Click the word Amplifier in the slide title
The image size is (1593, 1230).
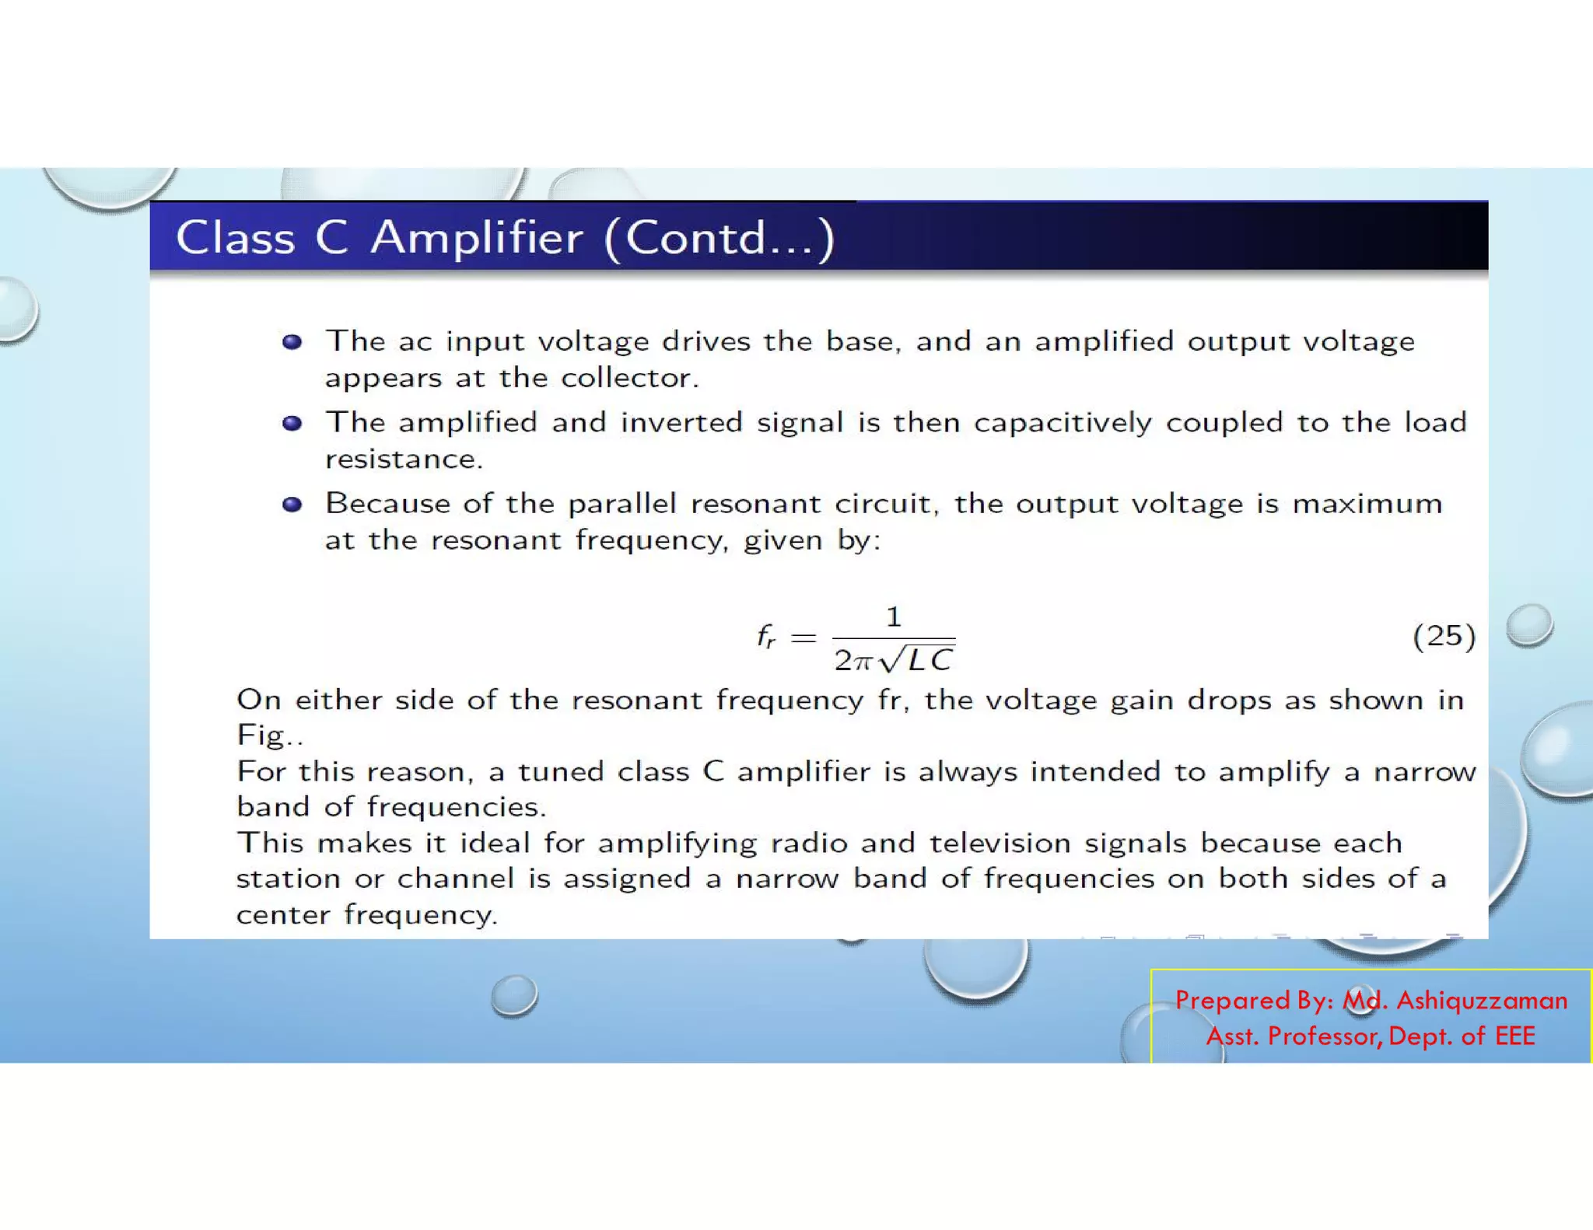(476, 238)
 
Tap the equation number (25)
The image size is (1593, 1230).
(1444, 636)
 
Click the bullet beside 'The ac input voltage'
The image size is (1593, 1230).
(292, 342)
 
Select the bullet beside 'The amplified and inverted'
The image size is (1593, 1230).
(292, 423)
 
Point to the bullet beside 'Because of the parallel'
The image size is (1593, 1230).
(292, 505)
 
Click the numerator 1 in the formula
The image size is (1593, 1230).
(894, 617)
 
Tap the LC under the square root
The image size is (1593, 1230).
(930, 661)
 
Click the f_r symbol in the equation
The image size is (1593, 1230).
(766, 638)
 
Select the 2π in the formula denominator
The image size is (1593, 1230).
(853, 661)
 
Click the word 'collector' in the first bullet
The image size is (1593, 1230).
(630, 378)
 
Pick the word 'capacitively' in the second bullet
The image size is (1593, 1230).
(1063, 423)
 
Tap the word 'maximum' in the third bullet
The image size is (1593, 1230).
(1367, 504)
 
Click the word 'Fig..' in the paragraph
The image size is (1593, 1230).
(270, 736)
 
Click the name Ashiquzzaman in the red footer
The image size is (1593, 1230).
(1482, 1000)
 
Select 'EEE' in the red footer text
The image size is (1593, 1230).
(1514, 1036)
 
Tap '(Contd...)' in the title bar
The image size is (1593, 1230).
(719, 238)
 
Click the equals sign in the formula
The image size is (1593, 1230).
(804, 638)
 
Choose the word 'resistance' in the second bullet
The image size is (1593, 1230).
(404, 460)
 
